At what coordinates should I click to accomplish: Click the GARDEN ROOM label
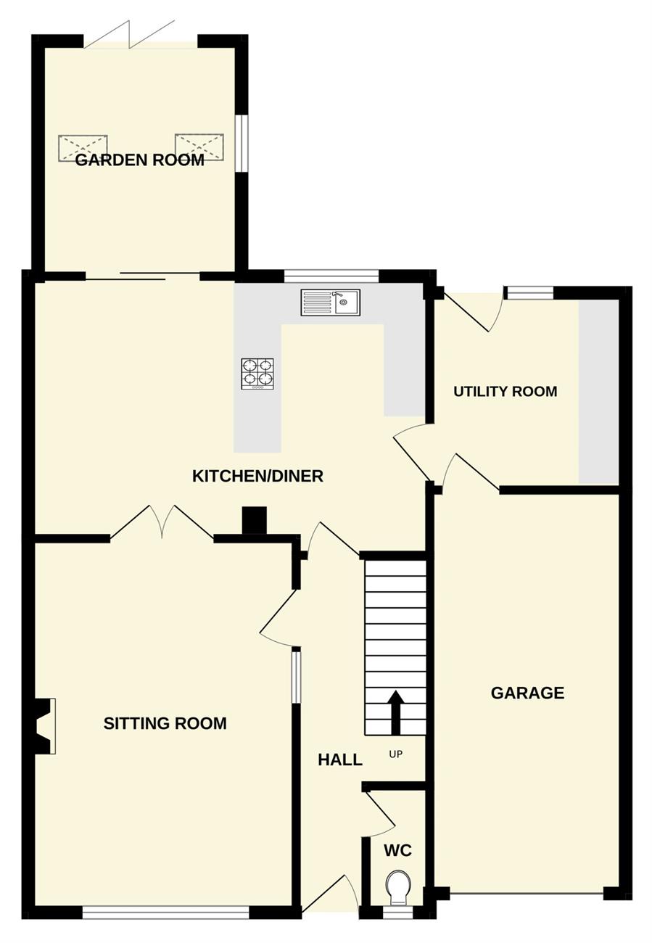[140, 160]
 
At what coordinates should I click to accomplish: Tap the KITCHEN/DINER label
[257, 476]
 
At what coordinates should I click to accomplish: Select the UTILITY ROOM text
[505, 392]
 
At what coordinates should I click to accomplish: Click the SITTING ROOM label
[165, 723]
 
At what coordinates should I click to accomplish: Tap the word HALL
[340, 760]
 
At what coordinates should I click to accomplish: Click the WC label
[397, 851]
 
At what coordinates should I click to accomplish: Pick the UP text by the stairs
[396, 754]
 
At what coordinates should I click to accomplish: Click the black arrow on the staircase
[395, 712]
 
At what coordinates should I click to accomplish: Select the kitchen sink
[331, 302]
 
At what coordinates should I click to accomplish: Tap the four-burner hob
[257, 374]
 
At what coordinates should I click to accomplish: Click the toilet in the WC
[397, 886]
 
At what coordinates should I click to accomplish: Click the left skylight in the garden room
[83, 148]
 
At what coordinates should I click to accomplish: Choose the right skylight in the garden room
[199, 147]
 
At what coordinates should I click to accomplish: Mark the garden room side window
[242, 143]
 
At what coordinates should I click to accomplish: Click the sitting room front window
[166, 913]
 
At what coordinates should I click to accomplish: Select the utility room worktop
[598, 392]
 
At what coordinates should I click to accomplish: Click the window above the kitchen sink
[331, 276]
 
